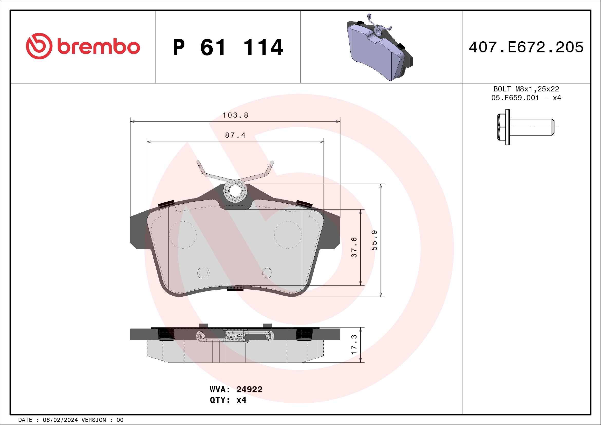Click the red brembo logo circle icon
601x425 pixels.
[x=39, y=46]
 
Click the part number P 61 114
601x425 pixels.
[x=228, y=48]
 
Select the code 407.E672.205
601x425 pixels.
[x=526, y=47]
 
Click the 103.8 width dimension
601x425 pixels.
[x=235, y=115]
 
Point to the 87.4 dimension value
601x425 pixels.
[x=235, y=135]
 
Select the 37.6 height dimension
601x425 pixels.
[x=354, y=247]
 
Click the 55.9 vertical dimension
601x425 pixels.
[x=374, y=240]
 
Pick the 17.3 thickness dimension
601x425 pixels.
[x=354, y=345]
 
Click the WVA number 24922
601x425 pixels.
[x=249, y=389]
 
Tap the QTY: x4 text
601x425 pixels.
[x=228, y=400]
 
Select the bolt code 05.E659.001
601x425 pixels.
[x=515, y=98]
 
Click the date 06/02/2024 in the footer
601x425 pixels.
[x=60, y=420]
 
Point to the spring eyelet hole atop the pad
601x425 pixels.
[x=235, y=191]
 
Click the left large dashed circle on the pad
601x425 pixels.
[x=182, y=235]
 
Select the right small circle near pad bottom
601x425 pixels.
[x=267, y=273]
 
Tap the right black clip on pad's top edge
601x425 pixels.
[x=304, y=204]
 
